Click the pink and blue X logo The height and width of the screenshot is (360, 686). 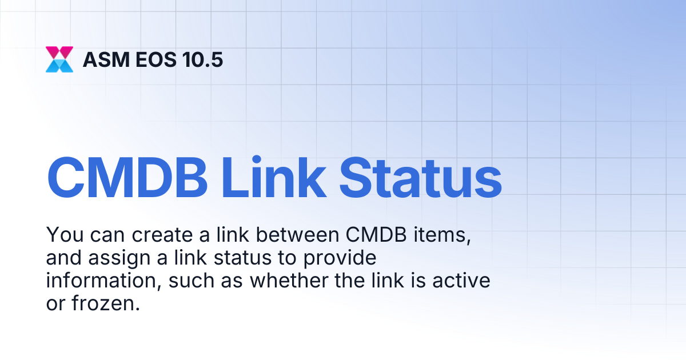(x=59, y=59)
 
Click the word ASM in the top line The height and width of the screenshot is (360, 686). (x=106, y=59)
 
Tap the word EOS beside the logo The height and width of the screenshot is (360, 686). (x=156, y=59)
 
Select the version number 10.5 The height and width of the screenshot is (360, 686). (x=202, y=59)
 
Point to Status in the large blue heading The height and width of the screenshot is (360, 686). (x=421, y=178)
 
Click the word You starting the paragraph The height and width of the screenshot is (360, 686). (x=65, y=235)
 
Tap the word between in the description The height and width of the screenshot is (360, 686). (x=297, y=235)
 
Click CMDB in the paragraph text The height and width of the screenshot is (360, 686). (x=376, y=235)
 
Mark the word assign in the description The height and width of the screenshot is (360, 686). (x=119, y=258)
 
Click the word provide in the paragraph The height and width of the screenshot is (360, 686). (x=340, y=258)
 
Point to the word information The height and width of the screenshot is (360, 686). (x=103, y=281)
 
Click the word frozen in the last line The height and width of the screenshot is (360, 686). (x=106, y=303)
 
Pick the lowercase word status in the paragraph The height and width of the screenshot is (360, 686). (x=242, y=258)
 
